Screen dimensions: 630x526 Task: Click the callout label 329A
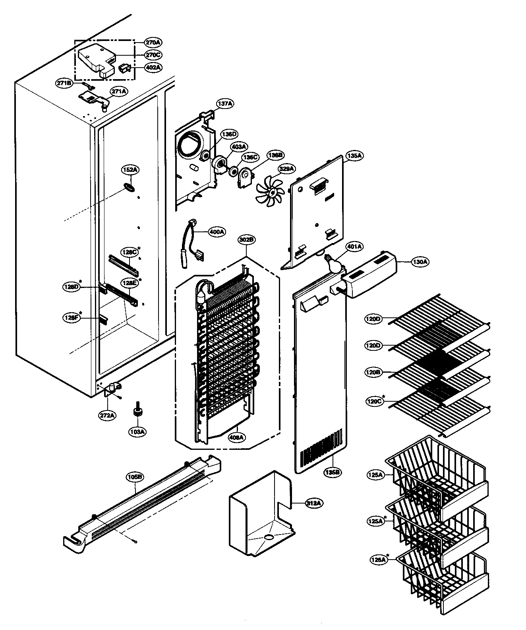pos(286,169)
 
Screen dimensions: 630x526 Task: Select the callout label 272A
pos(107,415)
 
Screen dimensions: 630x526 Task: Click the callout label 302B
pos(247,240)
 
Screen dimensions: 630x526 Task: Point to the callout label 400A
pos(217,231)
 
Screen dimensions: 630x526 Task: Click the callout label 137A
pos(224,104)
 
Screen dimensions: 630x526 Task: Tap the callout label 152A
pos(130,170)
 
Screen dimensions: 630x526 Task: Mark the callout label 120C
pos(374,401)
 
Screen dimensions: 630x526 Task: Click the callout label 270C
pos(153,54)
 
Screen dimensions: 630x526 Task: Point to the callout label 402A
pos(153,67)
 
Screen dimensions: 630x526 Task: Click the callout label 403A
pos(239,147)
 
